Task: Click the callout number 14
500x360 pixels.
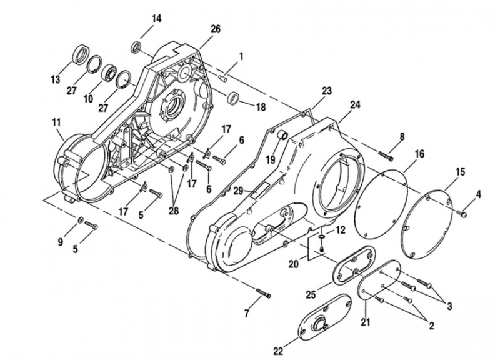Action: click(157, 19)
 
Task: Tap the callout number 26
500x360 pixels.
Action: click(216, 29)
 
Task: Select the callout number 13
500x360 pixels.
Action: click(55, 79)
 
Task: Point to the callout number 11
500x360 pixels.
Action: click(57, 122)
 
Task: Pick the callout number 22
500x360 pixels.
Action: click(278, 351)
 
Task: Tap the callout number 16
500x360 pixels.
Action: click(420, 154)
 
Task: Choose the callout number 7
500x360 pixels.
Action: click(246, 314)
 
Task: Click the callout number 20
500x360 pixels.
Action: click(294, 264)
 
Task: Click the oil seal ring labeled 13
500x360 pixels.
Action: click(82, 54)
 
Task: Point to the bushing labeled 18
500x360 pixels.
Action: click(233, 97)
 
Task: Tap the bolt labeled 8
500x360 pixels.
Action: click(386, 156)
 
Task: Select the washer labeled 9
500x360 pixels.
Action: click(81, 219)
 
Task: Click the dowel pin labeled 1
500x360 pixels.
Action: click(223, 77)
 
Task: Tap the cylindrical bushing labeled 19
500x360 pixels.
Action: click(282, 135)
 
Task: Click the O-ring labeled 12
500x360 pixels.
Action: click(321, 236)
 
